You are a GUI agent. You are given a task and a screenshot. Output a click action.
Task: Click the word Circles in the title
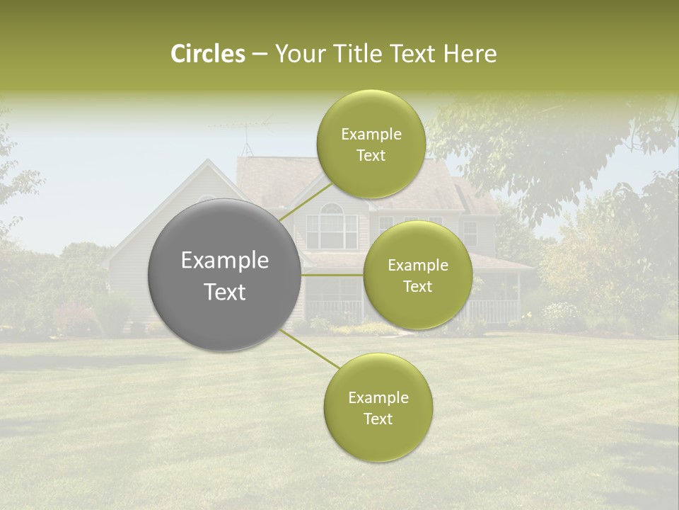[x=207, y=54]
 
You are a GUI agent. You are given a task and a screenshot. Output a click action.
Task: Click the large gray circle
[x=225, y=275]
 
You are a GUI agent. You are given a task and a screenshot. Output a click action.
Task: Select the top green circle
[x=371, y=144]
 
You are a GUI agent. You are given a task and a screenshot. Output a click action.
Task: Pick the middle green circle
[x=417, y=275]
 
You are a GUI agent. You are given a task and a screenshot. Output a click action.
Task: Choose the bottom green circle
[x=378, y=408]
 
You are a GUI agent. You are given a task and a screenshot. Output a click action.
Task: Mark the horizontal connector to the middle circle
[x=332, y=275]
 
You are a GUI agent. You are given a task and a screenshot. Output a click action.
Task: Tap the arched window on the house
[x=331, y=224]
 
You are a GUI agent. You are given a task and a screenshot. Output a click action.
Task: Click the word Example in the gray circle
[x=225, y=261]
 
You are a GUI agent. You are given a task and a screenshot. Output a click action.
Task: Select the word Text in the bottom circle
[x=378, y=419]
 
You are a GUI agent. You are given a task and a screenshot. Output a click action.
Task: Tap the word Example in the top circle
[x=371, y=135]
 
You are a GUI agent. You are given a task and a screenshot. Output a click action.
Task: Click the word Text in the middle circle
[x=417, y=286]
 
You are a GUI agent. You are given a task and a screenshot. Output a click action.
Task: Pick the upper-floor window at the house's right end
[x=470, y=231]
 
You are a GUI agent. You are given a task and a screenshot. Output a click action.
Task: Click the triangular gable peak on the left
[x=207, y=170]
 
